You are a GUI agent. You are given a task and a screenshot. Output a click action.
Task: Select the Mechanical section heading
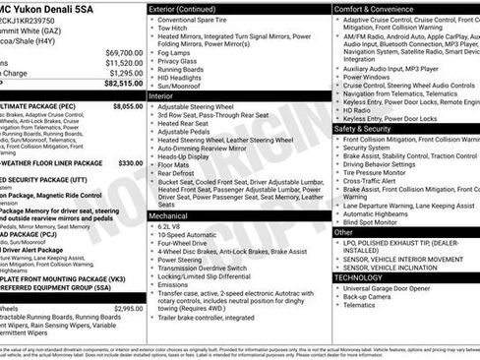point(168,214)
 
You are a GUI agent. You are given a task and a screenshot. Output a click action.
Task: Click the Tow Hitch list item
point(174,29)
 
